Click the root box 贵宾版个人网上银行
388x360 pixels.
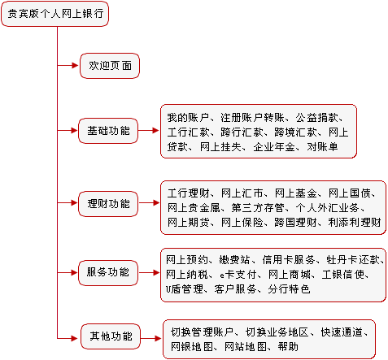coord(54,14)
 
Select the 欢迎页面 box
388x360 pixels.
coord(110,66)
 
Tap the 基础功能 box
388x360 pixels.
coord(108,131)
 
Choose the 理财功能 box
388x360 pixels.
coord(108,204)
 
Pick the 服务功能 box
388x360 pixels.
coord(108,273)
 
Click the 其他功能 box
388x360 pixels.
coord(111,336)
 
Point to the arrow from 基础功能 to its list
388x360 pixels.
coord(149,131)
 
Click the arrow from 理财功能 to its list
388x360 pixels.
coord(149,203)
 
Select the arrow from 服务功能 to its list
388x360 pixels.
coord(149,273)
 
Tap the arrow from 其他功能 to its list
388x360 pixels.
coord(151,338)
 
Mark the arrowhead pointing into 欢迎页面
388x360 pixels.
coord(75,65)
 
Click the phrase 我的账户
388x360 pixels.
coord(188,118)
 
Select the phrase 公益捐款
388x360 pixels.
coord(317,118)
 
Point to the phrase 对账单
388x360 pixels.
coord(322,147)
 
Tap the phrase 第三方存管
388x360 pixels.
coord(258,208)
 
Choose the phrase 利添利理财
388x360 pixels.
coord(355,223)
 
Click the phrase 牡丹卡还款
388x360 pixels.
coord(353,260)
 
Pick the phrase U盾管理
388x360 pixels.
coord(185,289)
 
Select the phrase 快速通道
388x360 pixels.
coord(342,332)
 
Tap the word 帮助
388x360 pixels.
coord(288,347)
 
